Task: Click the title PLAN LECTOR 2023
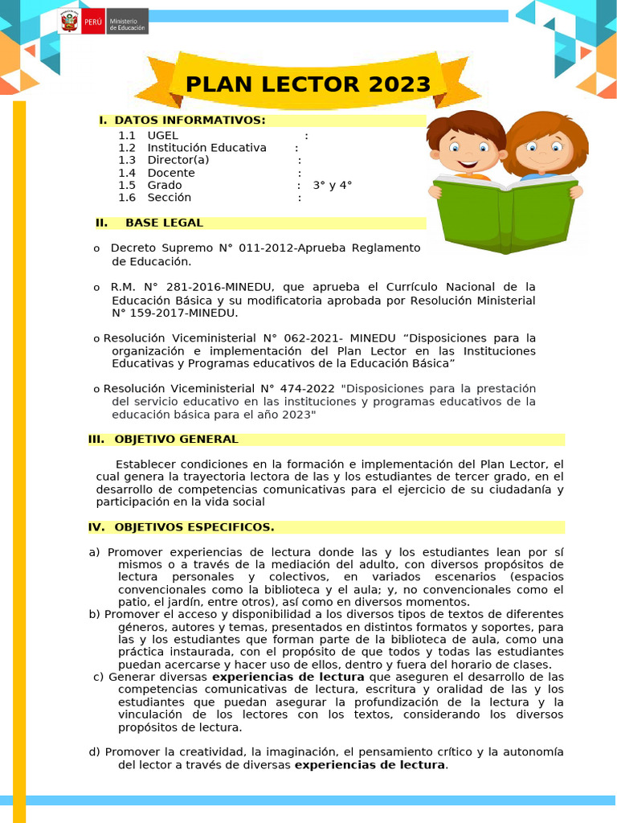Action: click(x=308, y=84)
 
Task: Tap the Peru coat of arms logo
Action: click(x=70, y=22)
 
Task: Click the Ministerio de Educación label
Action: click(x=127, y=23)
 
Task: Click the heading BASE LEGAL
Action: click(x=164, y=223)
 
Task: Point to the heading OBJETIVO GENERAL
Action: click(x=176, y=439)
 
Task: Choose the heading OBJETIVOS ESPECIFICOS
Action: click(x=194, y=527)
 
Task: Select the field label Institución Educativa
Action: click(x=206, y=148)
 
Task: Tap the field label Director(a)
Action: click(x=178, y=160)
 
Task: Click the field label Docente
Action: click(x=170, y=173)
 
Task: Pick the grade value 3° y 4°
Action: click(x=333, y=185)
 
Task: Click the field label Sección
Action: click(x=169, y=198)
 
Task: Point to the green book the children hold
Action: click(x=505, y=213)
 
